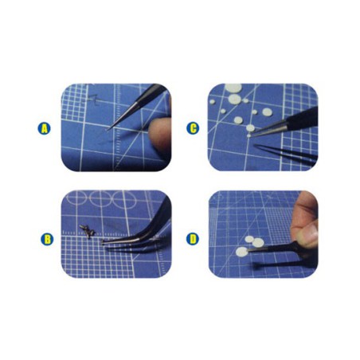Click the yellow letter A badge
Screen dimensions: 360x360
pos(45,127)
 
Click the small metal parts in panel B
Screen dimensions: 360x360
pos(88,231)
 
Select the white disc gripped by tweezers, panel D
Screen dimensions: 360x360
pos(241,252)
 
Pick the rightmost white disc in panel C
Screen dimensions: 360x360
pos(268,112)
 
